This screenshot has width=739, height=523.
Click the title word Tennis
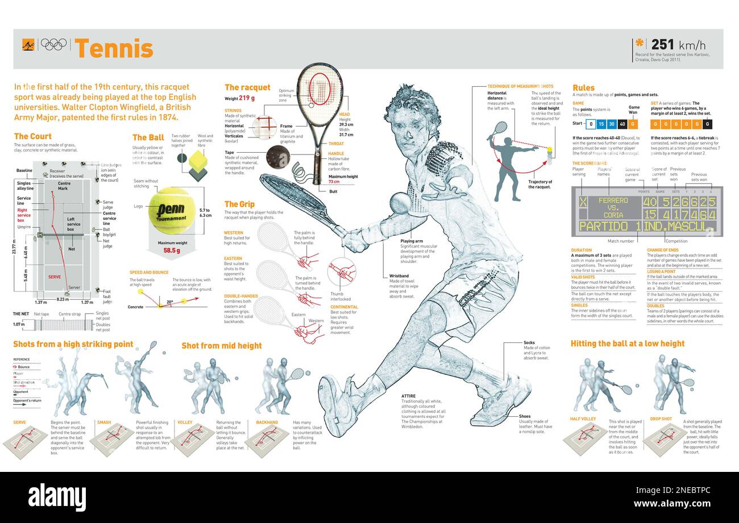(x=114, y=48)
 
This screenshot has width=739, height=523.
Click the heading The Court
(x=32, y=136)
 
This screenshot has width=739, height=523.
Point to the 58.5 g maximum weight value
(x=172, y=250)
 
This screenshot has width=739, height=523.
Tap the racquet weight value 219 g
(x=247, y=98)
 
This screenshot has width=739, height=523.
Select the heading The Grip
(x=239, y=204)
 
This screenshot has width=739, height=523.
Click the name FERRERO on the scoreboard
(x=613, y=200)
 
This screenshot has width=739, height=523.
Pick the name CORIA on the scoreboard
(x=613, y=215)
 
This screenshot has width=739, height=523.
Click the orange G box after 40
(x=633, y=124)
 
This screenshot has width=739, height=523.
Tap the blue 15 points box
(x=602, y=124)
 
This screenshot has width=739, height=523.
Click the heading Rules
(x=583, y=88)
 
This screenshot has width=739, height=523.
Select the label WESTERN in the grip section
(x=234, y=233)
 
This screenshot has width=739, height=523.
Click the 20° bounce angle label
(x=169, y=302)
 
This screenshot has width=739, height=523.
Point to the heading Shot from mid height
(x=222, y=345)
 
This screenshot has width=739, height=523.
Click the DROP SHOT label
(x=661, y=419)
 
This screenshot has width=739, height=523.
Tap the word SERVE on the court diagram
(x=55, y=277)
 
